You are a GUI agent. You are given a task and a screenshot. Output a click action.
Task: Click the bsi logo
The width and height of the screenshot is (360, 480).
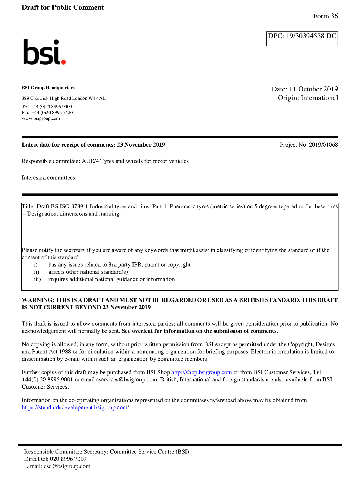click(x=44, y=52)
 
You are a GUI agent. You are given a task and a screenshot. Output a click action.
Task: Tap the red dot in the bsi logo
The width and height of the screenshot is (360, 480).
click(x=63, y=62)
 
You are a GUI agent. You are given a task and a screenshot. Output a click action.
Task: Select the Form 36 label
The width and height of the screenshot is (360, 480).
click(x=325, y=16)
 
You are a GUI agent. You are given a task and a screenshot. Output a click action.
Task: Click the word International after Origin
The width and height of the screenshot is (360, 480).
click(x=319, y=98)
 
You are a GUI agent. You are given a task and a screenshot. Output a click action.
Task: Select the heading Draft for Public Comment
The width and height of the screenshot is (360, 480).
click(x=63, y=8)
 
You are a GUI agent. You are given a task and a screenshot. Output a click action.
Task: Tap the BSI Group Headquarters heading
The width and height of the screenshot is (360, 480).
click(x=48, y=88)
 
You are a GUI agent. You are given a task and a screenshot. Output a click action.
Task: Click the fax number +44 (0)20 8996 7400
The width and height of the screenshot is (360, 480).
click(x=52, y=113)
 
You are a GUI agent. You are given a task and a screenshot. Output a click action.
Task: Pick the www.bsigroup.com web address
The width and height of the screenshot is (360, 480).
click(x=41, y=118)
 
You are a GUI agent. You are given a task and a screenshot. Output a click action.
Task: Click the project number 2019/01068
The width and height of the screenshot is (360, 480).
click(x=323, y=145)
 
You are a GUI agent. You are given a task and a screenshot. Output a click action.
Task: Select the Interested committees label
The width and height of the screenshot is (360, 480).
click(x=49, y=178)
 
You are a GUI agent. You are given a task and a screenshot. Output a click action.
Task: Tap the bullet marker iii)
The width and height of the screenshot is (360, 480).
click(x=37, y=279)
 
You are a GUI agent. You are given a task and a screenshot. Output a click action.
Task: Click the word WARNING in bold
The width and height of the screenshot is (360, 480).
click(x=38, y=300)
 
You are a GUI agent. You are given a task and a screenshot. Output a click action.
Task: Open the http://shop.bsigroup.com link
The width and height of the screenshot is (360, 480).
click(x=201, y=372)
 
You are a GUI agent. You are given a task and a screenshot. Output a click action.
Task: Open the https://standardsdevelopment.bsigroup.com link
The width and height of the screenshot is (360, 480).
click(x=75, y=408)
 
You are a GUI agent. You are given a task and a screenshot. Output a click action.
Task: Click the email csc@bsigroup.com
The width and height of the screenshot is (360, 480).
click(x=67, y=466)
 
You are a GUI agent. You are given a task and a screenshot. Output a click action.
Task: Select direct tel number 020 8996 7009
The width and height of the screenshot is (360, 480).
click(x=68, y=459)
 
